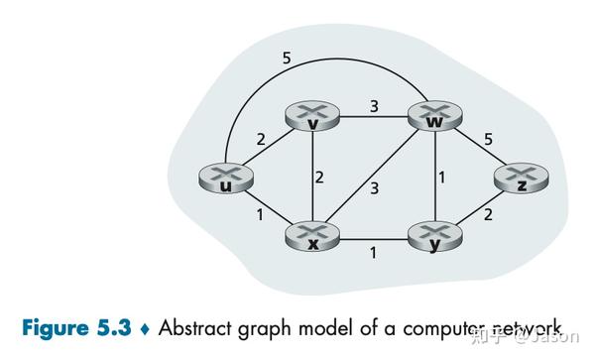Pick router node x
click(x=312, y=237)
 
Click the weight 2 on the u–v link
click(x=261, y=140)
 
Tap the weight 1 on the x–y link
click(x=373, y=253)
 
